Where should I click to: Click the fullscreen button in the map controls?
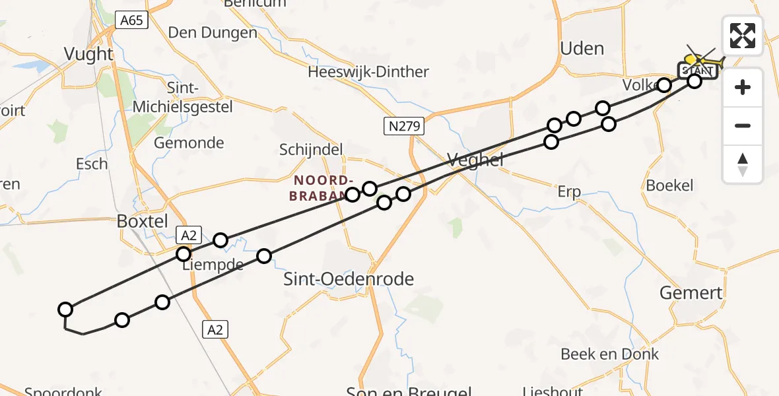coord(743,36)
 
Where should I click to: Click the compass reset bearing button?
coord(743,164)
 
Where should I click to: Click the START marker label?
coord(697,71)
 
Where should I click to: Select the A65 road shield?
coord(131,20)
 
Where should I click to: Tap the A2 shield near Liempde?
coord(189,236)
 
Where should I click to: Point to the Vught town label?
coord(89,54)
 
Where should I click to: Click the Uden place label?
coord(582,48)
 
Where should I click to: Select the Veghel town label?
coord(475,159)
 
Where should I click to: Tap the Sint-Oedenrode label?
coord(349,279)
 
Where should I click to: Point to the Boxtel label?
coord(142,221)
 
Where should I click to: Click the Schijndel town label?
coord(311,150)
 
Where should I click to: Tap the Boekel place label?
coord(669,185)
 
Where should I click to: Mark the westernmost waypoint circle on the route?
coord(65,310)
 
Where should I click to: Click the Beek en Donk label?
coord(609,354)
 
